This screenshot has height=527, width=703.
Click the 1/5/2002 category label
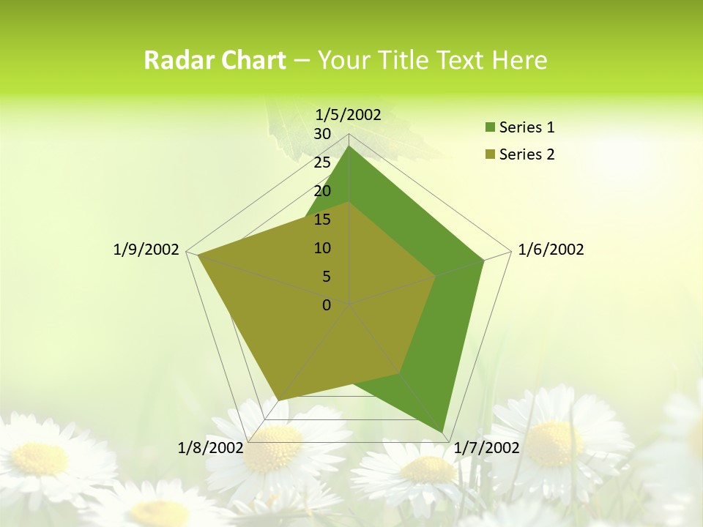348,114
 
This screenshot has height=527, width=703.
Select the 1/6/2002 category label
551,250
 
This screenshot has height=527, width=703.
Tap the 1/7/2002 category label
486,447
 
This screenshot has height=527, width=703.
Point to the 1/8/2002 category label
211,447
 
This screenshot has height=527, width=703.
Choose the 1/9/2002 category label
146,250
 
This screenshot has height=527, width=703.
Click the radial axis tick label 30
322,134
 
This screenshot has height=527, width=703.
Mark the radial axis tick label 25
322,162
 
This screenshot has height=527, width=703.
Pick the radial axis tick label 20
322,191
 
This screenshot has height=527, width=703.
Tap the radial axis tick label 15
322,220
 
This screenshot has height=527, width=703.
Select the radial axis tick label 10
322,248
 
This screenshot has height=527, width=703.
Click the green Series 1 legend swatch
490,128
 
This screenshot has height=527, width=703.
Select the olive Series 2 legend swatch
490,154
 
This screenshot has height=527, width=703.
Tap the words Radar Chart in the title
214,60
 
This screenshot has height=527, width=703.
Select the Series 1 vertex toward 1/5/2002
349,146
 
